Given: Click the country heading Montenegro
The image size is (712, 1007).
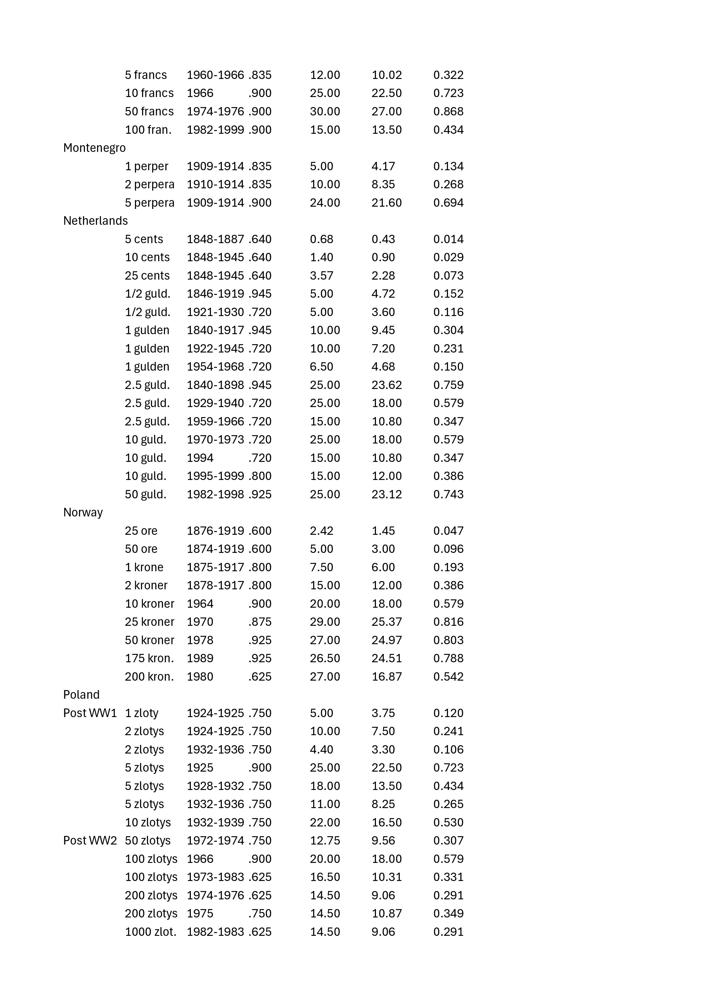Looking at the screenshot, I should point(94,148).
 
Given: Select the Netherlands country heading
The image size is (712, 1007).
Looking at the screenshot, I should point(96,221).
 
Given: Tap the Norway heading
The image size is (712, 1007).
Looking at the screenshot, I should point(83,513).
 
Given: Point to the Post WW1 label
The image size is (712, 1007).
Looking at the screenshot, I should point(90,713).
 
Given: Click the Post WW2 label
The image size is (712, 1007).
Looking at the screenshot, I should point(90,841).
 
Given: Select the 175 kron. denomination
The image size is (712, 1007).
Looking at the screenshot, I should point(149,658).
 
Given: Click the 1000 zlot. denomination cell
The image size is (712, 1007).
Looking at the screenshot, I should point(150,932).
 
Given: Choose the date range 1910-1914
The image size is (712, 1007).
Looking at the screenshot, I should point(215,185).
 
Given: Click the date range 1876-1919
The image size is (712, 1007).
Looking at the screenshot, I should point(215,531).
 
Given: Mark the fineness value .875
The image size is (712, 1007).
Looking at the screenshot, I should point(260,622).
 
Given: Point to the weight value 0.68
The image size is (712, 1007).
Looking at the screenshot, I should point(321,239).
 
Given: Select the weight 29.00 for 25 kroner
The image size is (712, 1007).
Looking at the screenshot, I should point(325,622).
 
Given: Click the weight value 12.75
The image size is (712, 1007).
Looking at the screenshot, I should point(325,841).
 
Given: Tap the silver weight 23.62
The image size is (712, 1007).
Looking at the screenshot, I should point(386,385).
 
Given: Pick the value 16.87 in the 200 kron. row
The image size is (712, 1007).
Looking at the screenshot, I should point(386,677).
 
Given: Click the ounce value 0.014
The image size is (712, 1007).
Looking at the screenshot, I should point(448,239).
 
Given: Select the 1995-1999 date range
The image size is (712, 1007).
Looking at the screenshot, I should point(215,476).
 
